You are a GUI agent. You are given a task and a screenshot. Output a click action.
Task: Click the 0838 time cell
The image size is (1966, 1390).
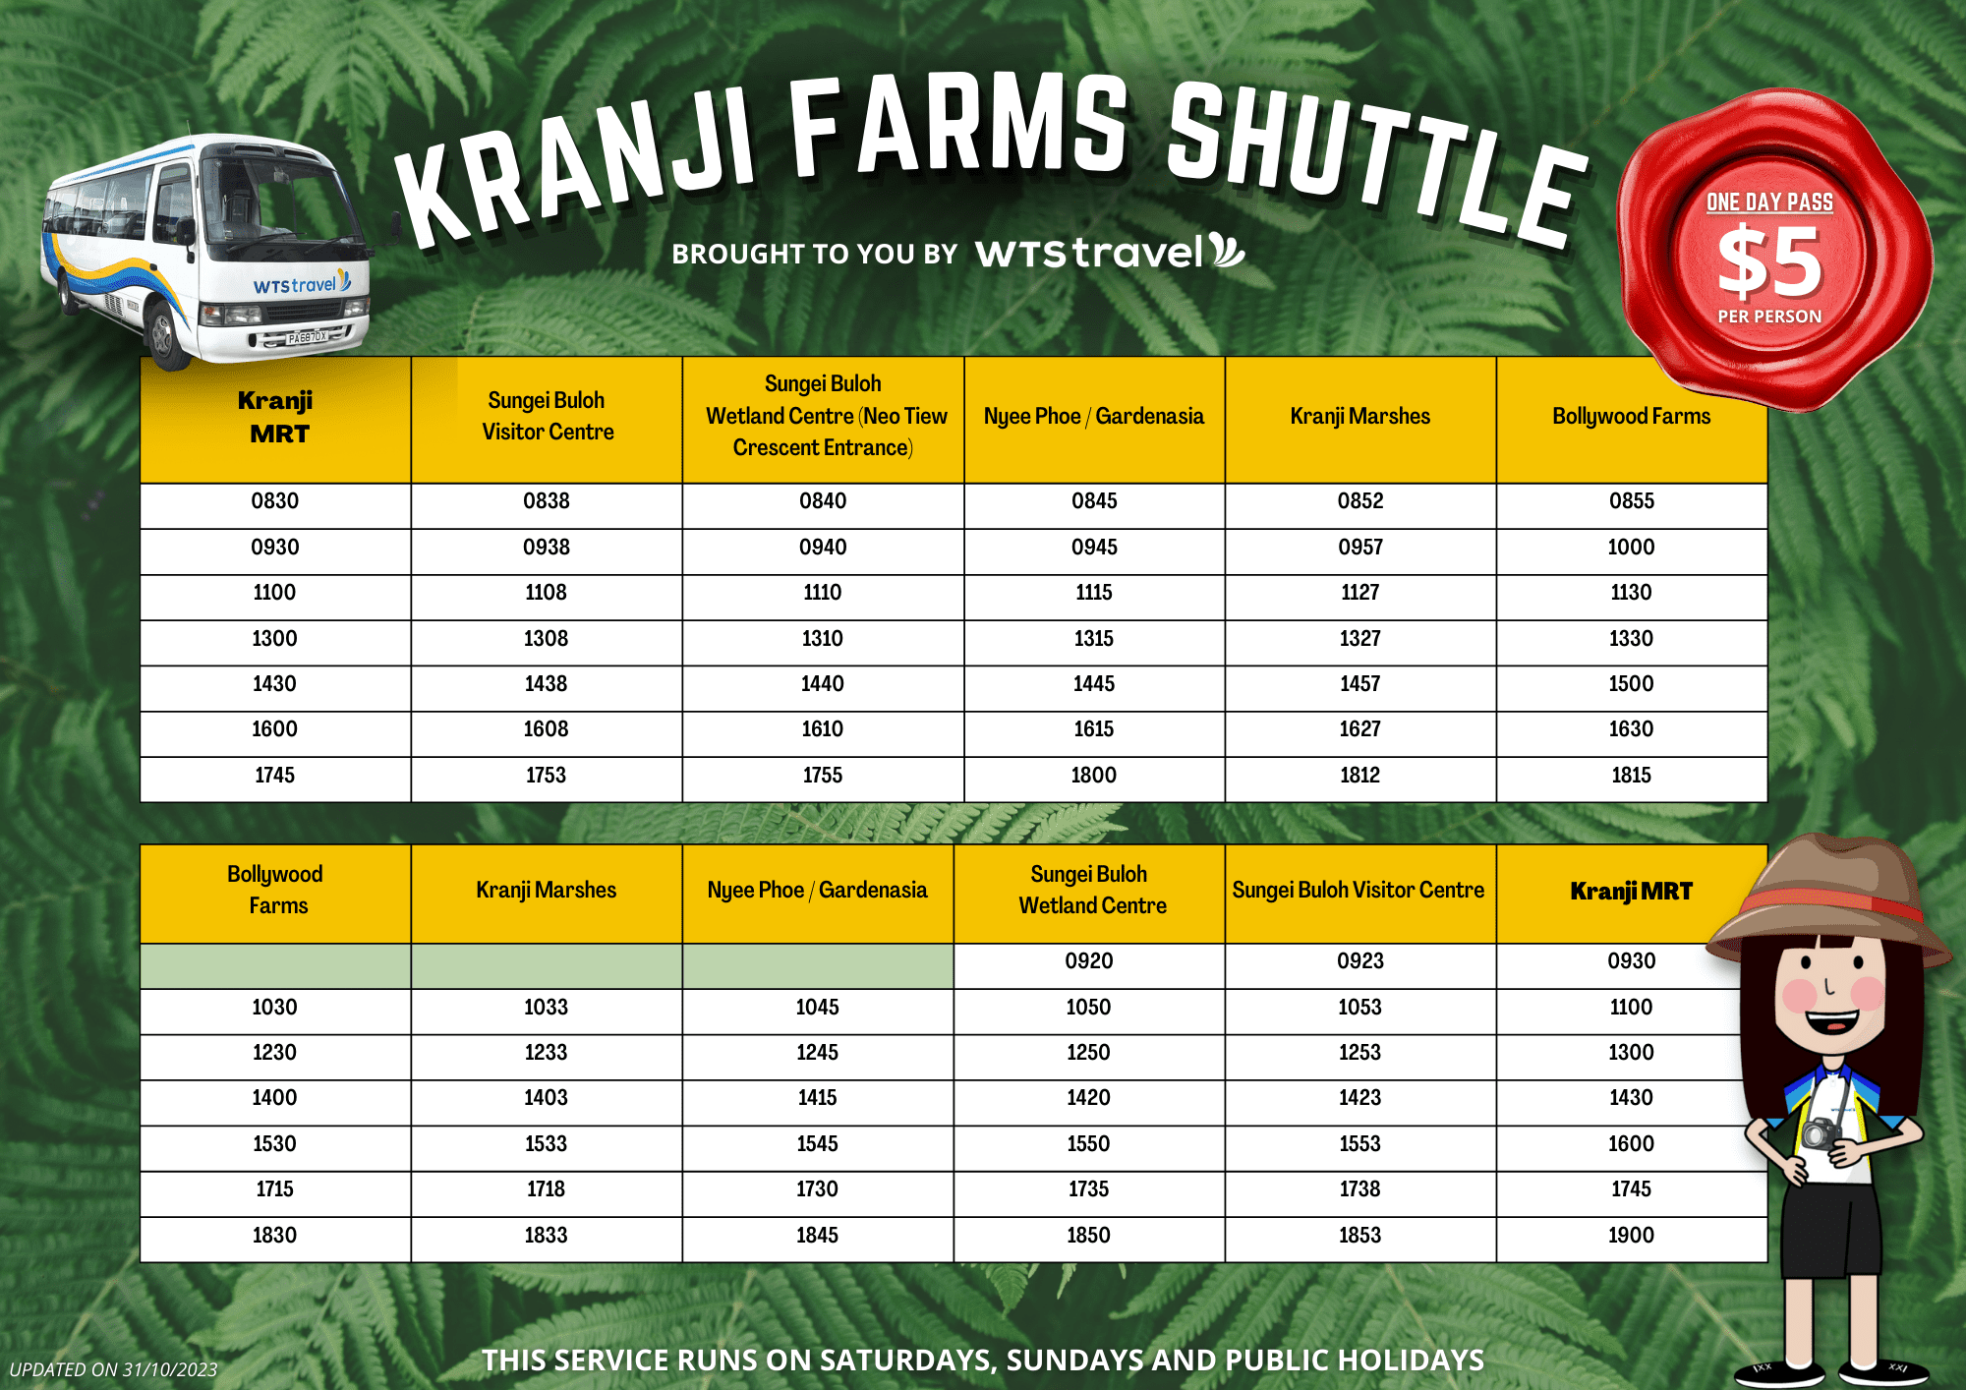pyautogui.click(x=547, y=501)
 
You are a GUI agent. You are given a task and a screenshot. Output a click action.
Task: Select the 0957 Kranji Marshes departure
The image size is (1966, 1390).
pyautogui.click(x=1360, y=548)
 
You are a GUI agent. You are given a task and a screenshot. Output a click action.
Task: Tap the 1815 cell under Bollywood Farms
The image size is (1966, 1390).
pyautogui.click(x=1632, y=776)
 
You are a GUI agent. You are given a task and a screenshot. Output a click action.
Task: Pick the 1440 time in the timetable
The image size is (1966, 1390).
pyautogui.click(x=823, y=684)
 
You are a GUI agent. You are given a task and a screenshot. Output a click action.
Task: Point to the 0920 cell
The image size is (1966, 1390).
pyautogui.click(x=1089, y=961)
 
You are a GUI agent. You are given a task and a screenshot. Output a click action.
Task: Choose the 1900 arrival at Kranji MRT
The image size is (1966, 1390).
pyautogui.click(x=1632, y=1236)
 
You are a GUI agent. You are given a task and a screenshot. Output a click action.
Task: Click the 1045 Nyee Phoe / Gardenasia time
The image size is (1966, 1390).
pyautogui.click(x=818, y=1008)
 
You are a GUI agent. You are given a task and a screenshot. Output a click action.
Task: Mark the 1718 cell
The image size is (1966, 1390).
pyautogui.click(x=547, y=1189)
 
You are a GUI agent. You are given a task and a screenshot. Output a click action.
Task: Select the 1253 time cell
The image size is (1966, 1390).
pyautogui.click(x=1360, y=1053)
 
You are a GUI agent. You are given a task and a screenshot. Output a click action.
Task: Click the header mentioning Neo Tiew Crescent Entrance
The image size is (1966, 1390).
pyautogui.click(x=824, y=416)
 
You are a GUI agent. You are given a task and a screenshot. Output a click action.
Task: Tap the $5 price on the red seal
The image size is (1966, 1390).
pyautogui.click(x=1769, y=261)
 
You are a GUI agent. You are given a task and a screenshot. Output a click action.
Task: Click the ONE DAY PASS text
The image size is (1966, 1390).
pyautogui.click(x=1769, y=203)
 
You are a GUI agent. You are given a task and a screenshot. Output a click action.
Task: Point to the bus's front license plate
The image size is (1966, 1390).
pyautogui.click(x=306, y=337)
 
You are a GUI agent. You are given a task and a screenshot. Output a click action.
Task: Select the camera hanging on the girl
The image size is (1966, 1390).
pyautogui.click(x=1821, y=1133)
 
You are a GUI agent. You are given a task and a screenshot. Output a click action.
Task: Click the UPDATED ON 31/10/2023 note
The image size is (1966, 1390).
pyautogui.click(x=114, y=1369)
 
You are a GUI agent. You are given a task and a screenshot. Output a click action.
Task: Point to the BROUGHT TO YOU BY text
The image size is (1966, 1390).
pyautogui.click(x=815, y=255)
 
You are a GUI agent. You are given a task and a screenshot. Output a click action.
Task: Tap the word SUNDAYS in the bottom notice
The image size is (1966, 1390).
pyautogui.click(x=1073, y=1360)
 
